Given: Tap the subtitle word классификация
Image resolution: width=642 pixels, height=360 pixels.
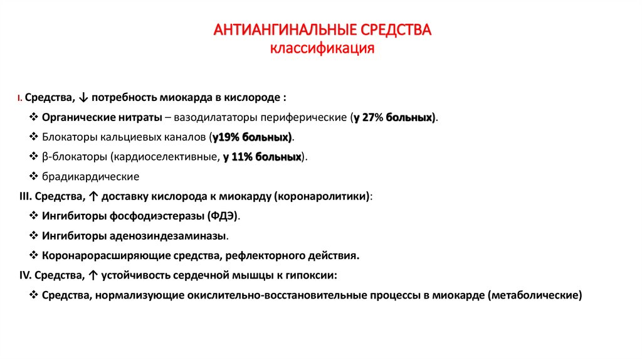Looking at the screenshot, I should (322, 48).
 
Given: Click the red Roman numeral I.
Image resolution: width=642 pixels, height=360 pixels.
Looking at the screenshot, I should (20, 98).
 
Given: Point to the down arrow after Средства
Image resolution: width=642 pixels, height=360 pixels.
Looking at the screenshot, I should (85, 98).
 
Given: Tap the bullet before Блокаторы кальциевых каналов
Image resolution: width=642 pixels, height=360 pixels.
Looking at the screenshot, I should (34, 137).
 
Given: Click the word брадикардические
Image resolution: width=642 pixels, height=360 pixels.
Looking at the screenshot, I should (90, 177).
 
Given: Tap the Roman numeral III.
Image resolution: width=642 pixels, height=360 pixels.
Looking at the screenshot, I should (26, 196).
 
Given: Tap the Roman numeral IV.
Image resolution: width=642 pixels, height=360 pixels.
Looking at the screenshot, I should (26, 275).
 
